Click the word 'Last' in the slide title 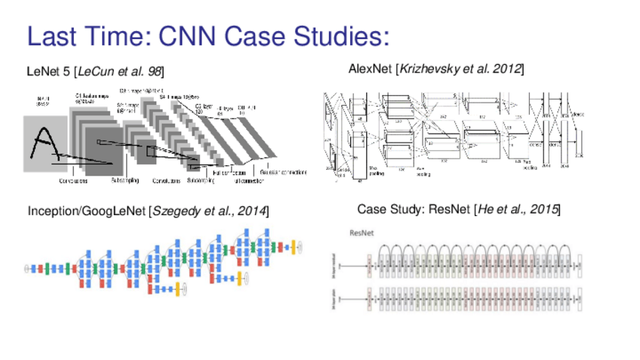(x=55, y=35)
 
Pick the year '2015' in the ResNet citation (x=542, y=209)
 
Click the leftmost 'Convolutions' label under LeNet (x=73, y=180)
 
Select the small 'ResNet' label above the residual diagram (x=361, y=232)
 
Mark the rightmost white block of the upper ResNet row (x=579, y=265)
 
